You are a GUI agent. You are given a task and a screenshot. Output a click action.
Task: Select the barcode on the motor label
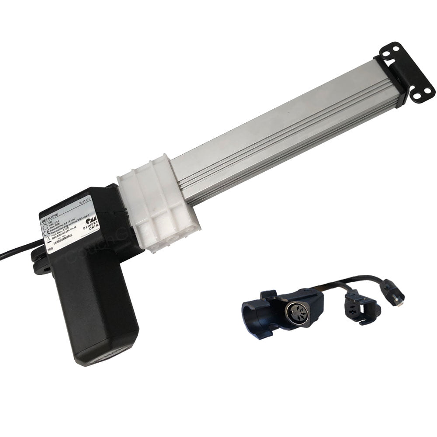(x=60, y=239)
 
